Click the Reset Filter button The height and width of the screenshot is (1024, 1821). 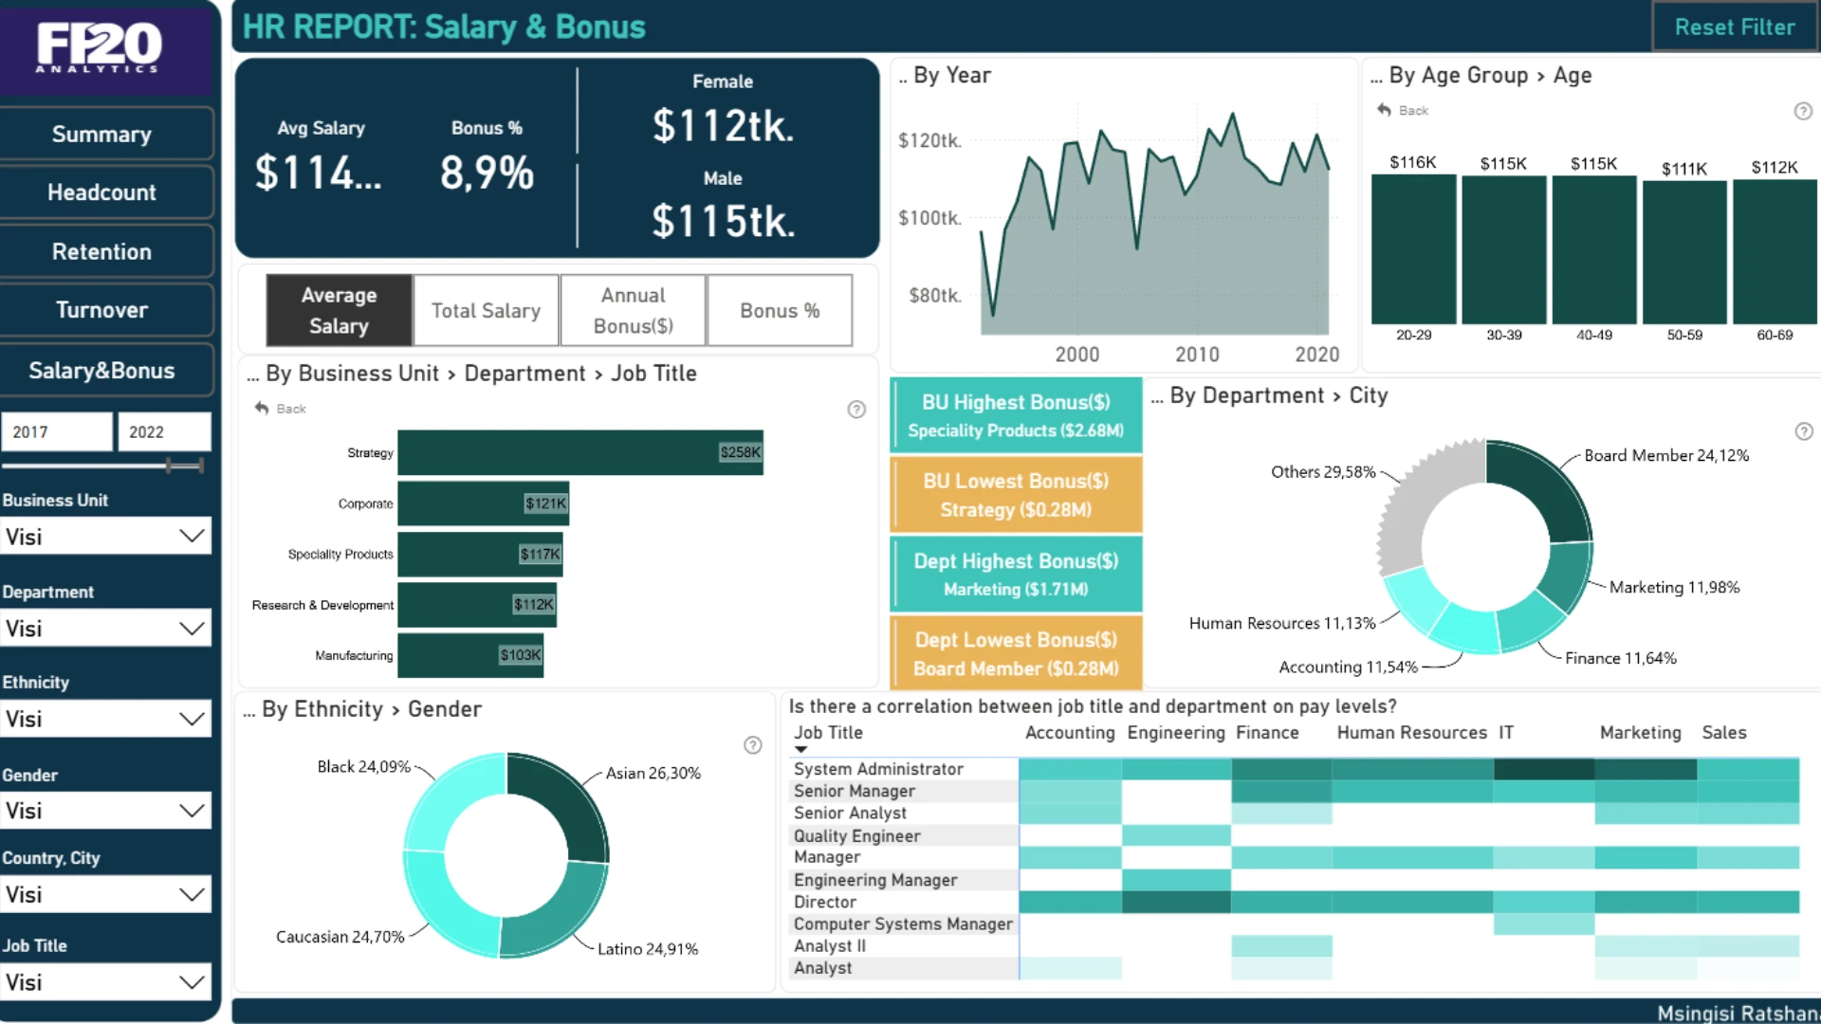pyautogui.click(x=1734, y=27)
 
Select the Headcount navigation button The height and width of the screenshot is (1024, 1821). pyautogui.click(x=102, y=192)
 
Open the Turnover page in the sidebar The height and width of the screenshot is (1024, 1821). pyautogui.click(x=102, y=310)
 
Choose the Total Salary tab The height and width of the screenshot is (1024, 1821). pyautogui.click(x=486, y=310)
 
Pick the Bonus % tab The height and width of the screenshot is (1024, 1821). pyautogui.click(x=780, y=310)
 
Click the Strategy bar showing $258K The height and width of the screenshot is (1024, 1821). pyautogui.click(x=579, y=452)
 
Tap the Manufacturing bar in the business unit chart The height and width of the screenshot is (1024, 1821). pyautogui.click(x=469, y=655)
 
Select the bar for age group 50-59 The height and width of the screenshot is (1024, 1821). pyautogui.click(x=1684, y=251)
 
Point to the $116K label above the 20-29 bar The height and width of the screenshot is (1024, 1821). pyautogui.click(x=1412, y=162)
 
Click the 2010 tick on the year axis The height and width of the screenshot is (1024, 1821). pyautogui.click(x=1197, y=355)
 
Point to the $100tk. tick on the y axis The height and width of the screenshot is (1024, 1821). pyautogui.click(x=929, y=218)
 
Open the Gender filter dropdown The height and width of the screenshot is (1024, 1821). pyautogui.click(x=105, y=811)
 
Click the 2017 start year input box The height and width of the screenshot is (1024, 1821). pyautogui.click(x=57, y=431)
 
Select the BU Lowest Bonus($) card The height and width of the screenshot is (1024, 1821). pyautogui.click(x=1016, y=495)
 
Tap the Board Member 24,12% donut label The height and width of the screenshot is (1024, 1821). pyautogui.click(x=1666, y=455)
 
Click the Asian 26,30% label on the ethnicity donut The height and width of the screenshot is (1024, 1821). pyautogui.click(x=653, y=773)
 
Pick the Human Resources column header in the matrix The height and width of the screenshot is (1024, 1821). pyautogui.click(x=1411, y=732)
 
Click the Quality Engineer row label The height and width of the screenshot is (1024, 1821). pyautogui.click(x=856, y=835)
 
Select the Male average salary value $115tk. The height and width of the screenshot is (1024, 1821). pyautogui.click(x=723, y=221)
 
